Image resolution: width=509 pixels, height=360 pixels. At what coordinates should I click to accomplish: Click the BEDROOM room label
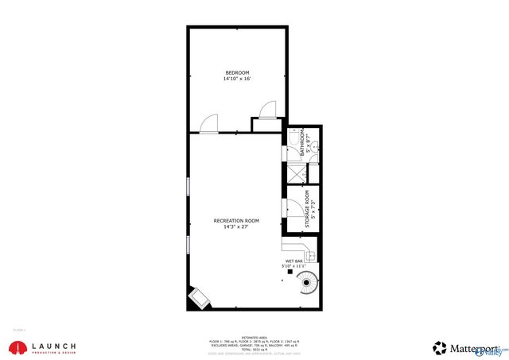(237, 73)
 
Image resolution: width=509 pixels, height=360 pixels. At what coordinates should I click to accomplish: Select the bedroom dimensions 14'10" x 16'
(237, 79)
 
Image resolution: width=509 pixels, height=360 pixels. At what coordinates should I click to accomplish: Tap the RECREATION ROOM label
(236, 220)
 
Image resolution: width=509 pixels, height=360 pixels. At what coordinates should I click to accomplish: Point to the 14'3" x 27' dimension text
(236, 226)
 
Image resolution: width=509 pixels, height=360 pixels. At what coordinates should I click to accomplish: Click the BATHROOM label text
(301, 145)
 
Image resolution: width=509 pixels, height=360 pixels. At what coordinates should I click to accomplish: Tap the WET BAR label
(293, 261)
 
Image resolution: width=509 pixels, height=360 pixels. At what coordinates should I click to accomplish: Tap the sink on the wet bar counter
(309, 256)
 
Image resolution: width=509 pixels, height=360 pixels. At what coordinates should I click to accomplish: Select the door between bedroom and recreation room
(208, 123)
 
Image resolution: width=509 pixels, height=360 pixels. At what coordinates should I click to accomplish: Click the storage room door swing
(291, 208)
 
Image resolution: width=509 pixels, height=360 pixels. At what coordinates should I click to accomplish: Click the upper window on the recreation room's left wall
(188, 185)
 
